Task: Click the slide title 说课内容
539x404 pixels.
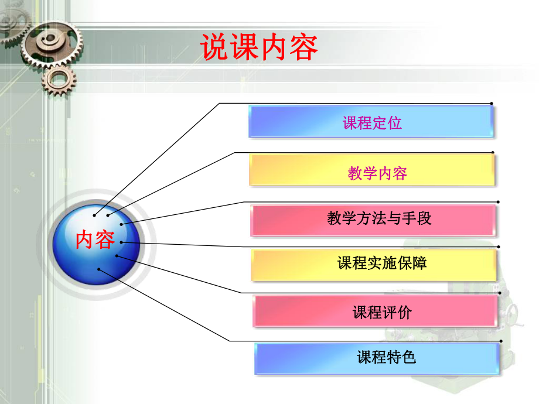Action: (260, 47)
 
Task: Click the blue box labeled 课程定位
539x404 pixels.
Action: (371, 122)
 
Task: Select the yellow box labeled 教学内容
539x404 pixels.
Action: (373, 172)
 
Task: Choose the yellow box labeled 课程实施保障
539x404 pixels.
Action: (374, 265)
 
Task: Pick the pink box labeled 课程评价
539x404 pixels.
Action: (376, 312)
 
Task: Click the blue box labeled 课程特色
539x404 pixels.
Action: (377, 358)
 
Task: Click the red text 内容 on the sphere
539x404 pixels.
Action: (95, 239)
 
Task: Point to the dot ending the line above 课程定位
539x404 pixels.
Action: (492, 104)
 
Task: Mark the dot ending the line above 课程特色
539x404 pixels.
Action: (501, 341)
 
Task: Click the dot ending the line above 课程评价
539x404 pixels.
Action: (500, 292)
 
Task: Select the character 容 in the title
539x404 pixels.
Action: (304, 47)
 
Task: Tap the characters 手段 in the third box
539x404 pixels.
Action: (417, 219)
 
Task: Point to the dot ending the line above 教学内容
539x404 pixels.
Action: (493, 153)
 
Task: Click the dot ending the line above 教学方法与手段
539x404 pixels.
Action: (497, 203)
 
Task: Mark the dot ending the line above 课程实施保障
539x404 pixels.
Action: (499, 247)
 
